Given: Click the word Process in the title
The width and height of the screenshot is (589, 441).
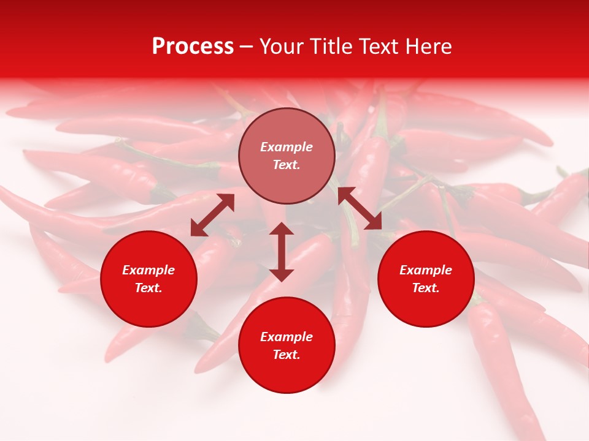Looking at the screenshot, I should [x=193, y=47].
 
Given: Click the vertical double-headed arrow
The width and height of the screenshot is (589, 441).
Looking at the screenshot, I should [x=282, y=252].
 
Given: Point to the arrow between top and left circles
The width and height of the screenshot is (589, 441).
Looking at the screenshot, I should [x=212, y=215].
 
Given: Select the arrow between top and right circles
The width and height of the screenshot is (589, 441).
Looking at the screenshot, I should [x=360, y=208].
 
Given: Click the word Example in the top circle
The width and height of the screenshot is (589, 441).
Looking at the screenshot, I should [x=287, y=147].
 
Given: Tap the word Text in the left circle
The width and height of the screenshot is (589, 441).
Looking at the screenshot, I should [x=148, y=288].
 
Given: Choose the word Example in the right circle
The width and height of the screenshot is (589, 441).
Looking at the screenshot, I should [x=426, y=270].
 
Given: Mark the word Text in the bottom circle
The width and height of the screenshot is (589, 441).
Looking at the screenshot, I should [x=287, y=355].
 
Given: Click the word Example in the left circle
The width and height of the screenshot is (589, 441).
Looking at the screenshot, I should [x=148, y=270].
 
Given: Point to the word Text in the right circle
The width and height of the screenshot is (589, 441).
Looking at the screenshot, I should [x=426, y=288].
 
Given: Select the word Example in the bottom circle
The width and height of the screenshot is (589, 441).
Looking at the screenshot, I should [x=287, y=337].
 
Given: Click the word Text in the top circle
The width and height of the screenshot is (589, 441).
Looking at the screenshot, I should [x=287, y=165].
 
